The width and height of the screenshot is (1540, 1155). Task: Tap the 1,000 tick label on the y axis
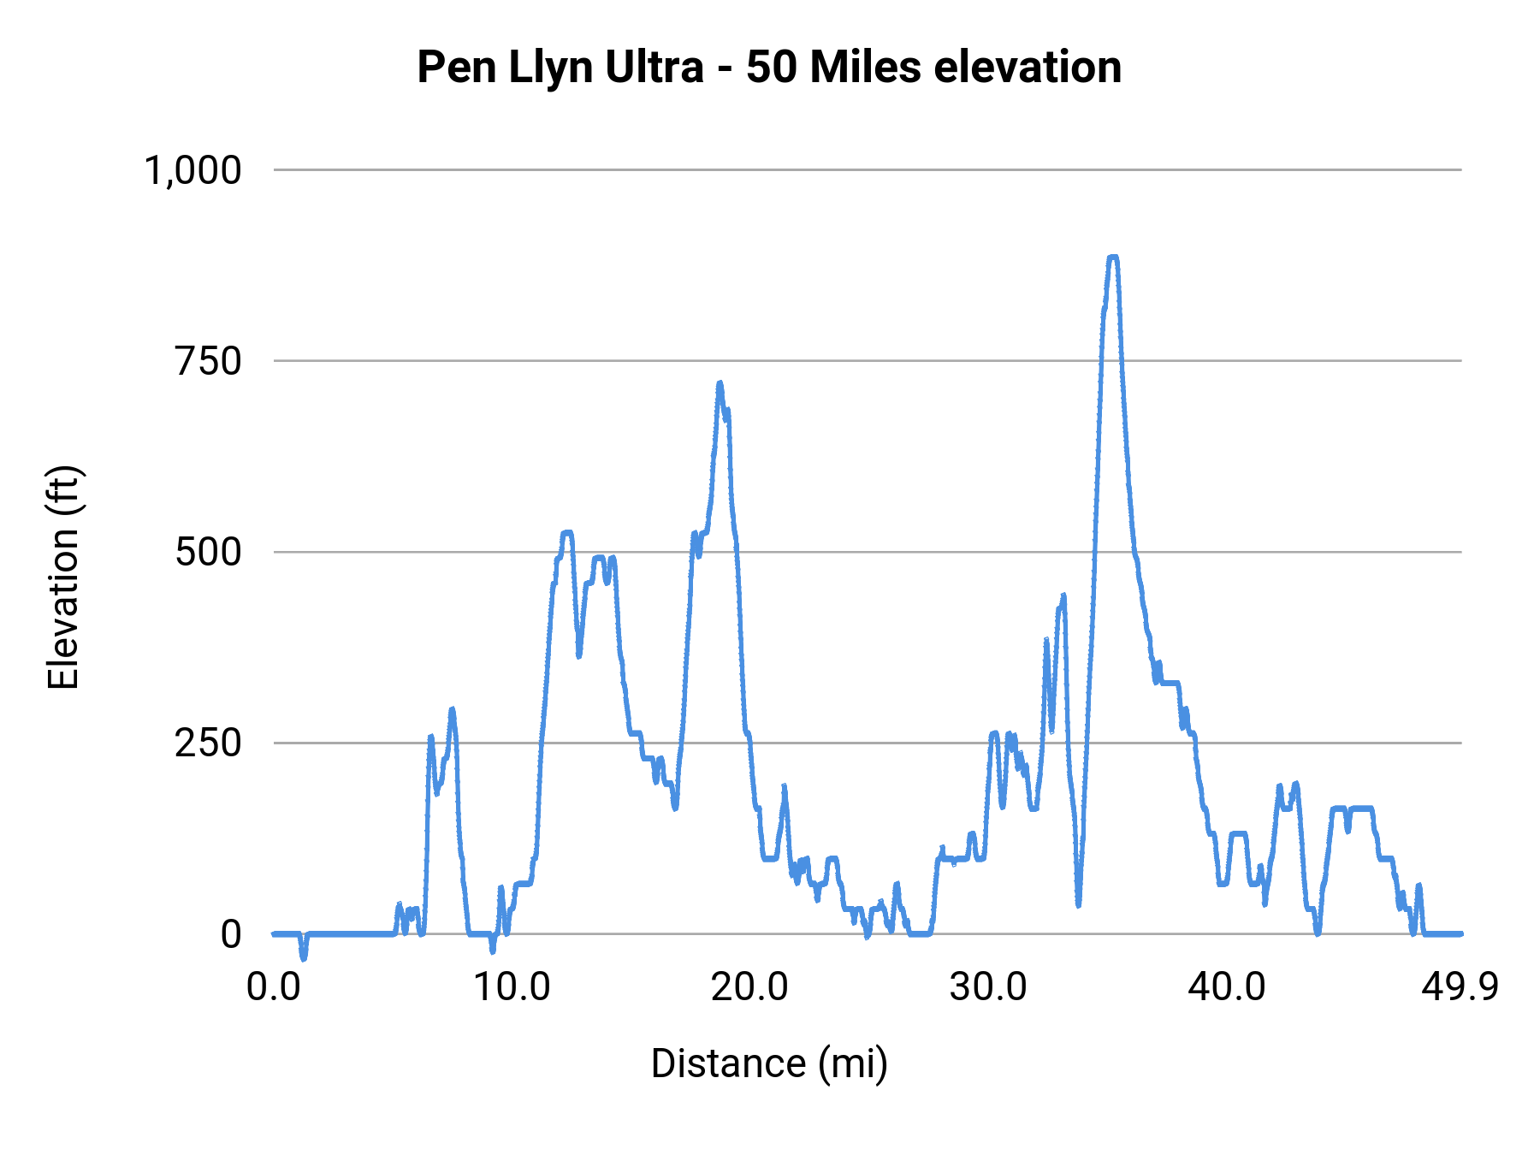tap(193, 170)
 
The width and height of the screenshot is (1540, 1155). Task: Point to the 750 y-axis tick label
tap(209, 361)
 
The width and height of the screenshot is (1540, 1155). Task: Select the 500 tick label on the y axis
tap(209, 552)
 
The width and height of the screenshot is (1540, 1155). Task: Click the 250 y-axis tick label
tap(209, 743)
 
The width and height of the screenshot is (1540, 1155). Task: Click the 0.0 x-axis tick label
tap(274, 987)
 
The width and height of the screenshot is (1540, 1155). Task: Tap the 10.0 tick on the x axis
tap(512, 987)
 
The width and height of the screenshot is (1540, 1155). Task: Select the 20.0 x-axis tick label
tap(750, 987)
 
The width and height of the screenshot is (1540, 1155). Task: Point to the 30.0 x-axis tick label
tap(988, 987)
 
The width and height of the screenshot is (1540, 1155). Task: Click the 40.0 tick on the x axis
tap(1227, 987)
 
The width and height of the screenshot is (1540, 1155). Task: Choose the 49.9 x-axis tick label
tap(1460, 987)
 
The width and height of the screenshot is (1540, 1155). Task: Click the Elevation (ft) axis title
tap(62, 577)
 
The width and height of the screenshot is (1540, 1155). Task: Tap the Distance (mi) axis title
tap(769, 1063)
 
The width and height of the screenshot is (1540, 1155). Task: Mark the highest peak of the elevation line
tap(1112, 257)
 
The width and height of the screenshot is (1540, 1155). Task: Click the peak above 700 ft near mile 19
tap(720, 384)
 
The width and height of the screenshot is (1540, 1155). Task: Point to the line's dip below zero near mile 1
tap(303, 957)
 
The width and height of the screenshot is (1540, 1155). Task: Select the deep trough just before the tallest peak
tap(1078, 903)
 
